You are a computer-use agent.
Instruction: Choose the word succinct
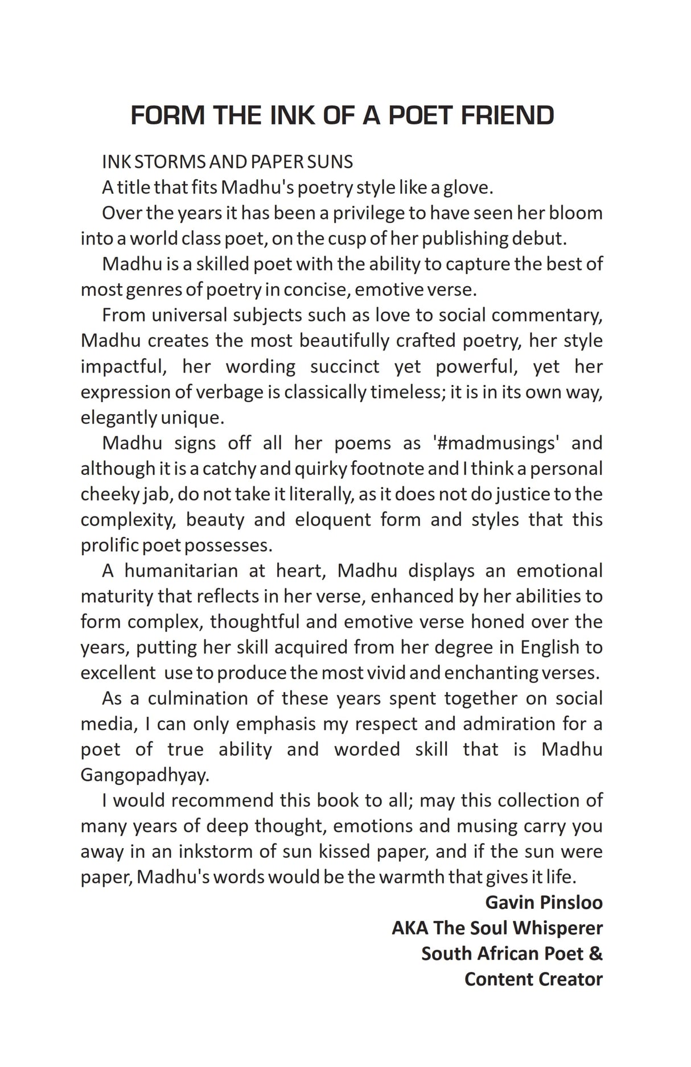[x=344, y=366]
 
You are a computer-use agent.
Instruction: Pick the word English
[x=549, y=647]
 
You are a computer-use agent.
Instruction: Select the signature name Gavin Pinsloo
[x=544, y=903]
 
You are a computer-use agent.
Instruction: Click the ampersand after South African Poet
[x=595, y=954]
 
